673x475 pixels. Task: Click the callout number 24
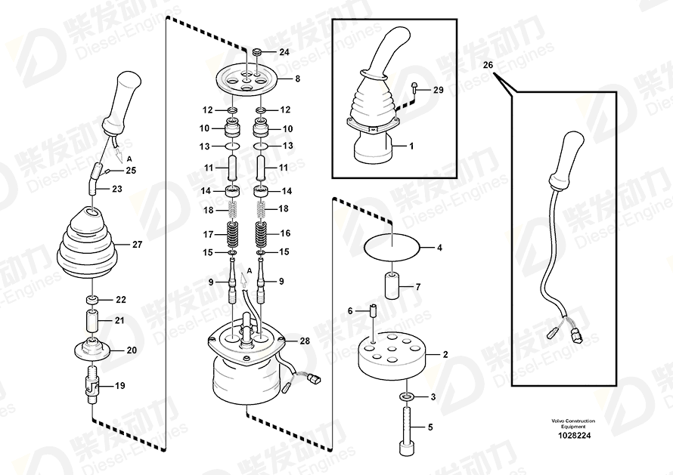click(x=284, y=52)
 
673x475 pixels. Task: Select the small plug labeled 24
click(x=257, y=52)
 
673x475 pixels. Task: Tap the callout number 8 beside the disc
click(x=297, y=79)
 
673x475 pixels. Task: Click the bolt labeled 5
click(x=406, y=430)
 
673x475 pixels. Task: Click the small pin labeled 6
click(x=373, y=310)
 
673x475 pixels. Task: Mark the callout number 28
click(x=304, y=341)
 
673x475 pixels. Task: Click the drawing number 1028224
click(x=573, y=436)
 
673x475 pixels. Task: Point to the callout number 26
click(x=488, y=65)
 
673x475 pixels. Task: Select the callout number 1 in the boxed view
click(x=411, y=147)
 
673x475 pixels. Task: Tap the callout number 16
click(x=285, y=233)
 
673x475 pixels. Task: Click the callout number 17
click(x=208, y=235)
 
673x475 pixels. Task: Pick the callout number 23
click(x=116, y=189)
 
